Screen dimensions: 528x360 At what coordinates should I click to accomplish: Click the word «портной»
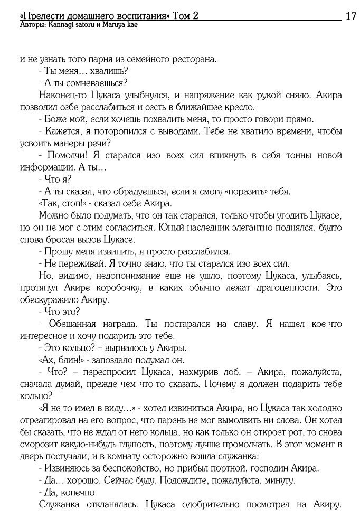pos(222,469)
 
